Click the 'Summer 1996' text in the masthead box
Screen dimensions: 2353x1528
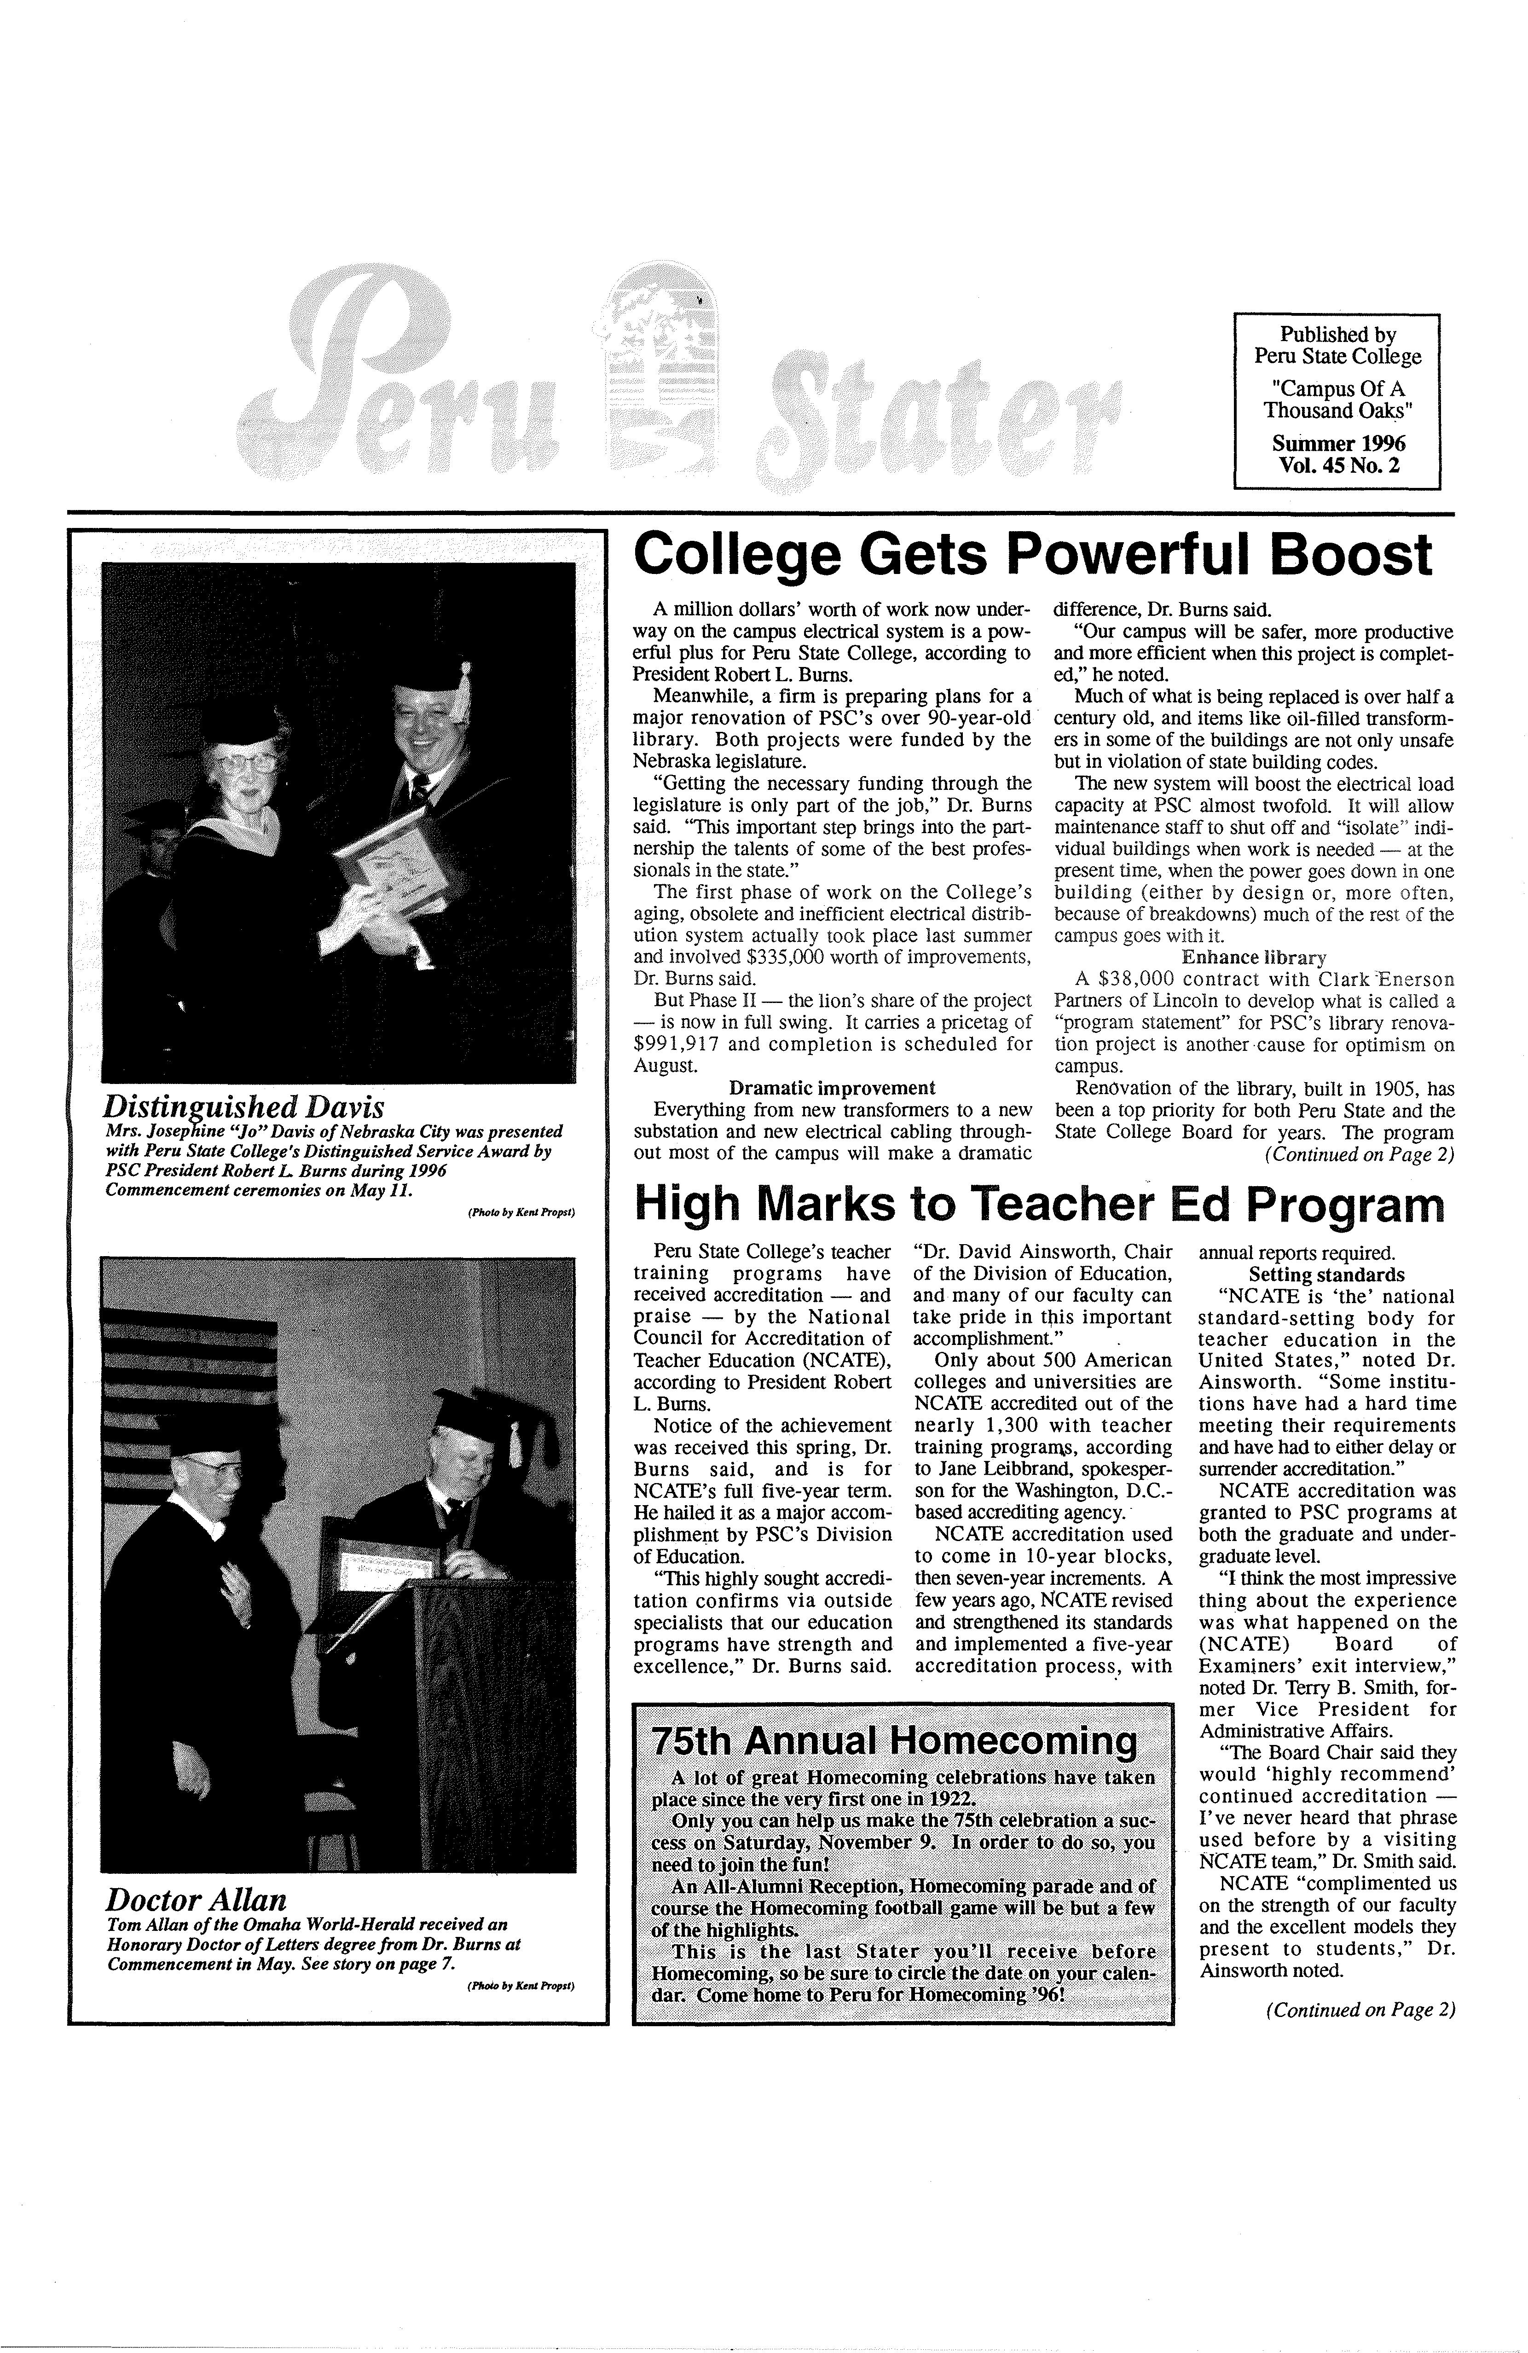(x=1338, y=443)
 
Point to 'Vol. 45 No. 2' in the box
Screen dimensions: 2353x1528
(x=1338, y=465)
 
